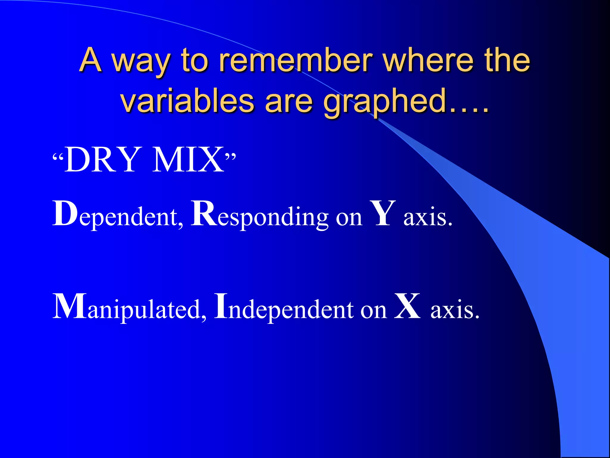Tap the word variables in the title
coord(188,101)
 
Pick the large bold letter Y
coord(382,213)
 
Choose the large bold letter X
coord(407,307)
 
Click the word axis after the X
coord(455,310)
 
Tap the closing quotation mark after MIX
coord(231,156)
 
